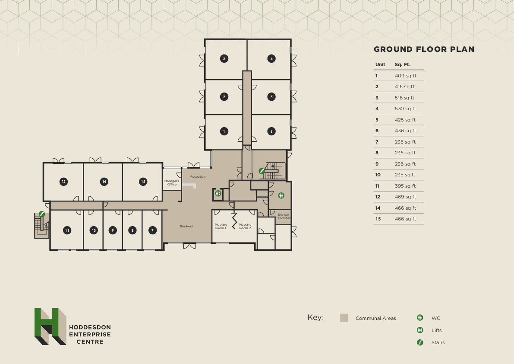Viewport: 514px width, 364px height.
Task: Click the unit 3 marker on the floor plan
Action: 224,58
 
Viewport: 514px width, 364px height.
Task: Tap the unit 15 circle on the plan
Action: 143,182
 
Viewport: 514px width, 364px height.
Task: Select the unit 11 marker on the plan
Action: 67,230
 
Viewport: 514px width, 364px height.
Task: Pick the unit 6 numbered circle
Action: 271,131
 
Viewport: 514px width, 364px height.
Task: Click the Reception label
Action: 198,177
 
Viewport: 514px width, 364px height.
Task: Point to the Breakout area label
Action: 186,227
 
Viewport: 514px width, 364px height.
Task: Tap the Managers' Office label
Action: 172,183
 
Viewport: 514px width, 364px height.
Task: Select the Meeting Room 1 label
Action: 221,226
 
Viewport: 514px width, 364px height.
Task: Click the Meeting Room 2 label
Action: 245,226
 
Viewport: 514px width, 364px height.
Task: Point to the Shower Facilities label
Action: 284,216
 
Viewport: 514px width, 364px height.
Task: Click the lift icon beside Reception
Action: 218,194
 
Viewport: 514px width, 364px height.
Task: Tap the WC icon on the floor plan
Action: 281,195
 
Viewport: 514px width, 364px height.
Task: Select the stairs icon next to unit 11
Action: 42,214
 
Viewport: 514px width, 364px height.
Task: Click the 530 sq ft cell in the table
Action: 405,109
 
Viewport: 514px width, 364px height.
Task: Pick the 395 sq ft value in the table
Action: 405,186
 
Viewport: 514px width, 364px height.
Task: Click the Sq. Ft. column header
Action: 402,64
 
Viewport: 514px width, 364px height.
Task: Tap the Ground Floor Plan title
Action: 424,49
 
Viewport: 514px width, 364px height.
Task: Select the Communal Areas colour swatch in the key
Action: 344,318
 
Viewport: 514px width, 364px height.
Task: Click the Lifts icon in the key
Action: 420,330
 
